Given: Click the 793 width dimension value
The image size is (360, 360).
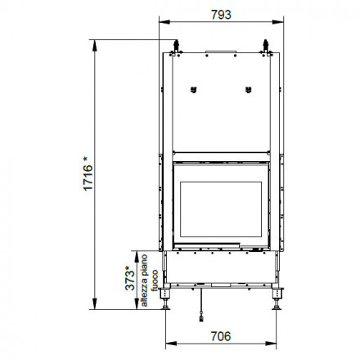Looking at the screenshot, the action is pyautogui.click(x=221, y=15).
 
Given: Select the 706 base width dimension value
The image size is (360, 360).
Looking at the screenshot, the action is pyautogui.click(x=221, y=336).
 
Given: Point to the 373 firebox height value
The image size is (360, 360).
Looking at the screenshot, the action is pyautogui.click(x=130, y=278).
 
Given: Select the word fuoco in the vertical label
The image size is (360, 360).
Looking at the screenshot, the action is pyautogui.click(x=155, y=281).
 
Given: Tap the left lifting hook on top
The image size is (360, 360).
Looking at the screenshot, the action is pyautogui.click(x=176, y=47).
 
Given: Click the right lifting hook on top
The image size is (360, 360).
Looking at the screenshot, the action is pyautogui.click(x=266, y=47).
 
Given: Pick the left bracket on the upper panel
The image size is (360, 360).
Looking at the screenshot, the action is pyautogui.click(x=193, y=90).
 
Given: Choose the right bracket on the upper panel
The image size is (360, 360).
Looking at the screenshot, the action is pyautogui.click(x=248, y=90).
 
